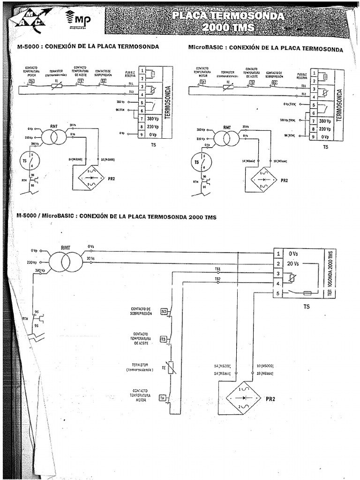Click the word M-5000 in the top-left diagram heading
28,47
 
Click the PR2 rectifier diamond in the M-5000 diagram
92,179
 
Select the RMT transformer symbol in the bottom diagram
66,262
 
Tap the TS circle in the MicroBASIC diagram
201,162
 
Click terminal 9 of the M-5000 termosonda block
141,134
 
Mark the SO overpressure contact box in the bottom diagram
164,311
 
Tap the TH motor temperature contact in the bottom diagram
163,398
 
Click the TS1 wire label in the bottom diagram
217,270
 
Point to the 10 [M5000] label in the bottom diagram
266,365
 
